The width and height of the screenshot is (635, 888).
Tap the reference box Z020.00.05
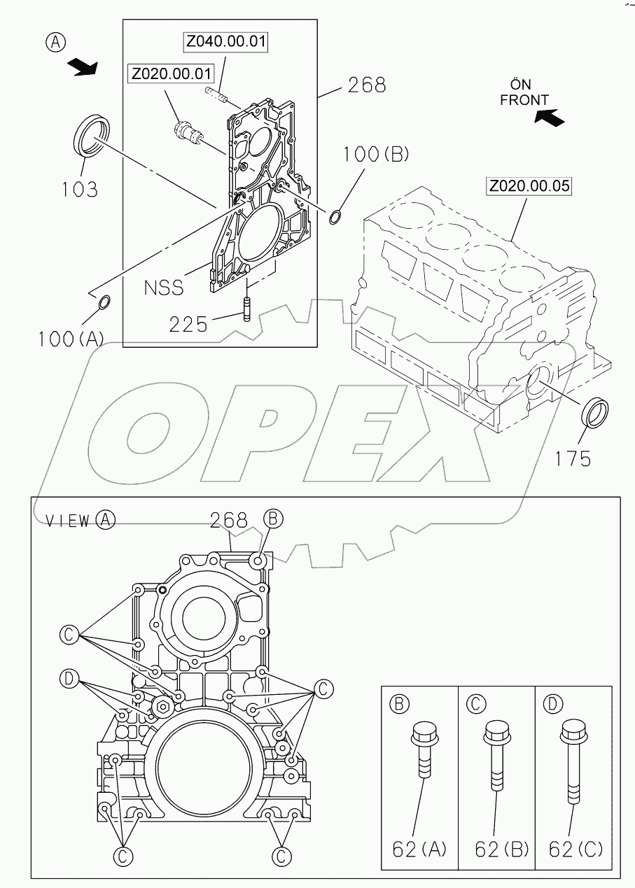[x=530, y=186]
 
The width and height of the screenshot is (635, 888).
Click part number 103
[x=78, y=189]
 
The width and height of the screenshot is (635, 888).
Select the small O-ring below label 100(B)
[x=335, y=218]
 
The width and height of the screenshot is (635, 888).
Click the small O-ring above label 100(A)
[x=103, y=302]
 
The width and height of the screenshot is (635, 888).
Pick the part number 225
[x=188, y=324]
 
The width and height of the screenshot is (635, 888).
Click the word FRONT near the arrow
[x=524, y=101]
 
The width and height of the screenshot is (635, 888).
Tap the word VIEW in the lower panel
[x=67, y=520]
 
